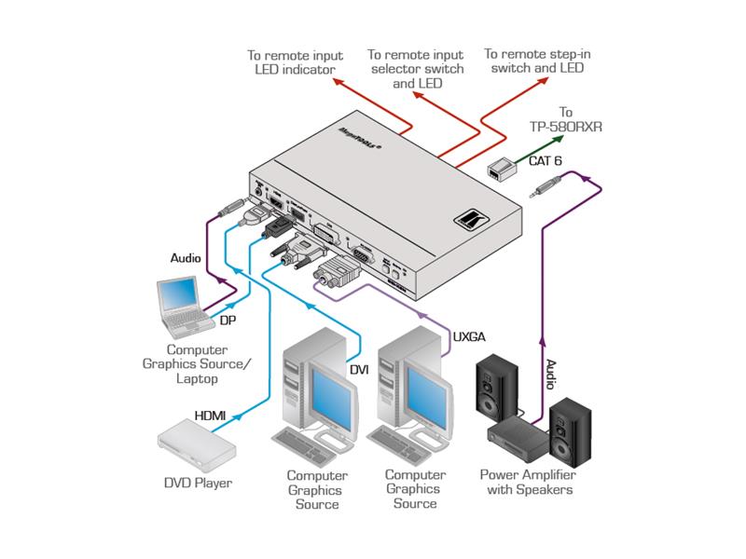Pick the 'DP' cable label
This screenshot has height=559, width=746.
tap(227, 321)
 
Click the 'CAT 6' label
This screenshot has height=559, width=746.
tap(546, 161)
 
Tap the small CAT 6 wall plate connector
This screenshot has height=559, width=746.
tap(501, 170)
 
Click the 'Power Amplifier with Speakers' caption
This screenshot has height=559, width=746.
tap(527, 482)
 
